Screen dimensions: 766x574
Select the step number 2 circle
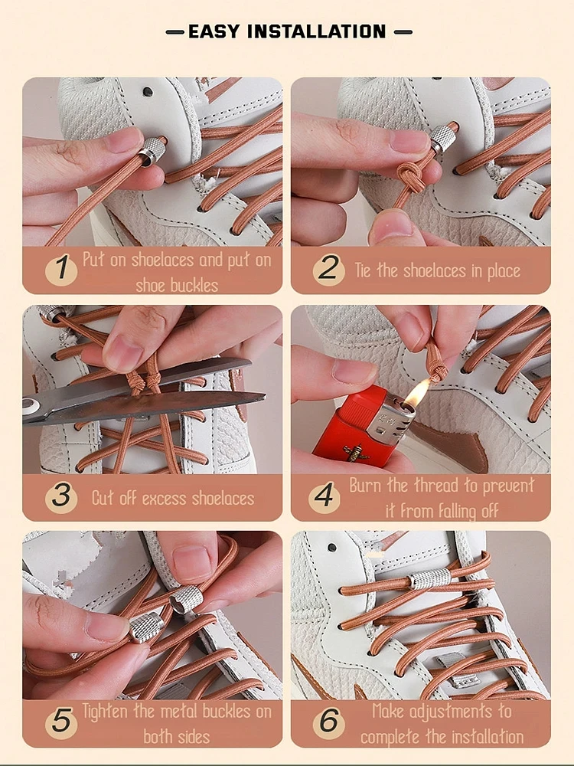tap(328, 270)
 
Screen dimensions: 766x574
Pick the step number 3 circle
tap(60, 498)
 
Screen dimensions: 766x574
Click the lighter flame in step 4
tap(417, 393)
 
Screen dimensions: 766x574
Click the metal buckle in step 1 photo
tap(152, 149)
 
